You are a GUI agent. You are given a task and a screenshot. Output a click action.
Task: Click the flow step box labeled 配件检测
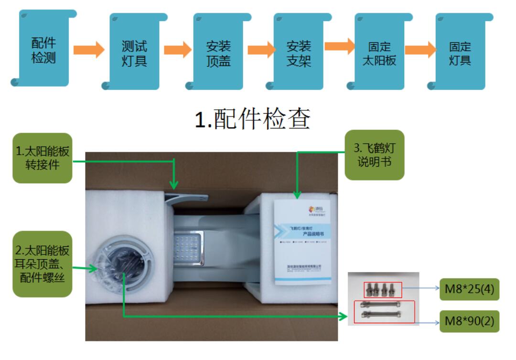click(x=43, y=50)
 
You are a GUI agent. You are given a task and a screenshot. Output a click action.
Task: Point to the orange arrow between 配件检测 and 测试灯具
click(x=88, y=49)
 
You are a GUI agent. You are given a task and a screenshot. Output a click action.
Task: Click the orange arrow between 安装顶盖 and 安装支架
click(x=258, y=49)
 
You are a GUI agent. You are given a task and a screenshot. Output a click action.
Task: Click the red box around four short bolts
click(x=383, y=289)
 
